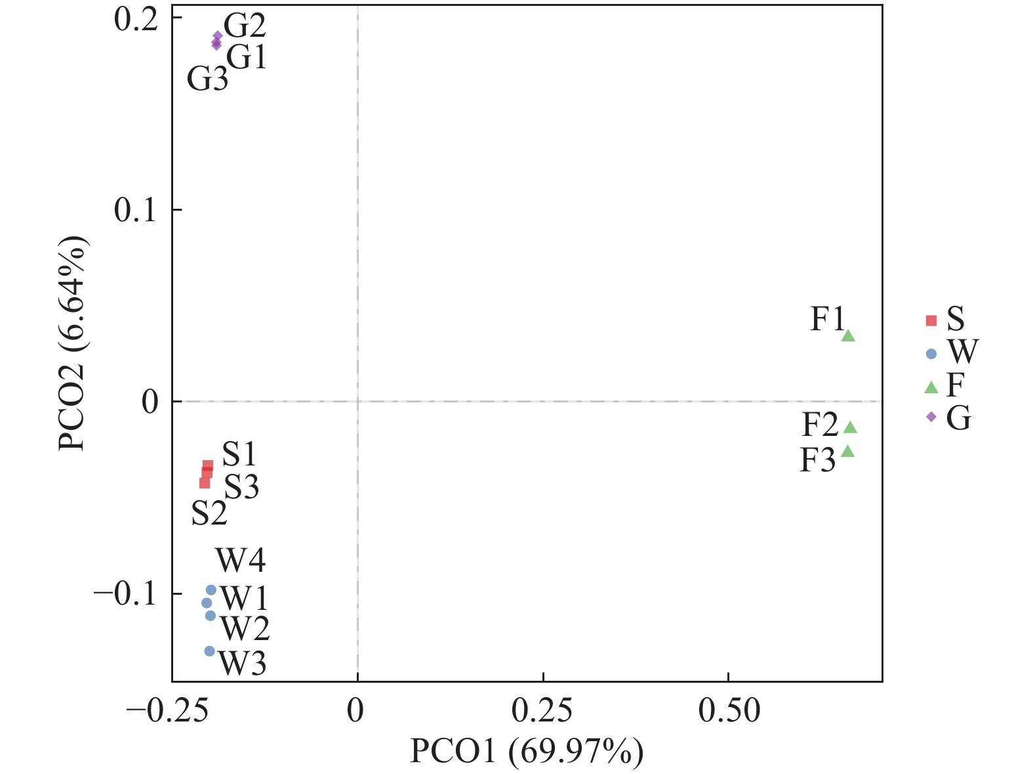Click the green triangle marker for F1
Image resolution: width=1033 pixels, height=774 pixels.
(x=848, y=336)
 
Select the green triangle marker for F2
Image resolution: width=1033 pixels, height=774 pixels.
(x=850, y=428)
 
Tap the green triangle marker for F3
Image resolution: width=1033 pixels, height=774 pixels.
(x=847, y=452)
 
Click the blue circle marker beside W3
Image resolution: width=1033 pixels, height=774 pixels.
(x=209, y=651)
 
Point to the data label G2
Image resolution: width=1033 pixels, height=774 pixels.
(x=245, y=26)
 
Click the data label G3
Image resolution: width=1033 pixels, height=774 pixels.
(x=207, y=79)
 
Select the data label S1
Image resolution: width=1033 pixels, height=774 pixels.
(x=239, y=454)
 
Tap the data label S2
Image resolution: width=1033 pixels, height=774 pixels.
(x=209, y=513)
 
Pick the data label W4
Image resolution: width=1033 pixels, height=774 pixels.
(x=241, y=561)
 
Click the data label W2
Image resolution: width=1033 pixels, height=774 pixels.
(x=245, y=629)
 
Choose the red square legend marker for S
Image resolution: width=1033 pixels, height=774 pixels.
(x=931, y=321)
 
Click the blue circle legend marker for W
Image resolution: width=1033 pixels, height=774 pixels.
(x=931, y=354)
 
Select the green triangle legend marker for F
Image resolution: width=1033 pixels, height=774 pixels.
(x=931, y=387)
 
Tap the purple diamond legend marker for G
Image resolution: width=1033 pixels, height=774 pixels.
(x=931, y=418)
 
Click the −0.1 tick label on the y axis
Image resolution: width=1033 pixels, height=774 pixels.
(x=125, y=594)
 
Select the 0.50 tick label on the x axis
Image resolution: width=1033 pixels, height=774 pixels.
(x=729, y=711)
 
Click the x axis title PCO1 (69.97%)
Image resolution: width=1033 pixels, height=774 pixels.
(x=527, y=752)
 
